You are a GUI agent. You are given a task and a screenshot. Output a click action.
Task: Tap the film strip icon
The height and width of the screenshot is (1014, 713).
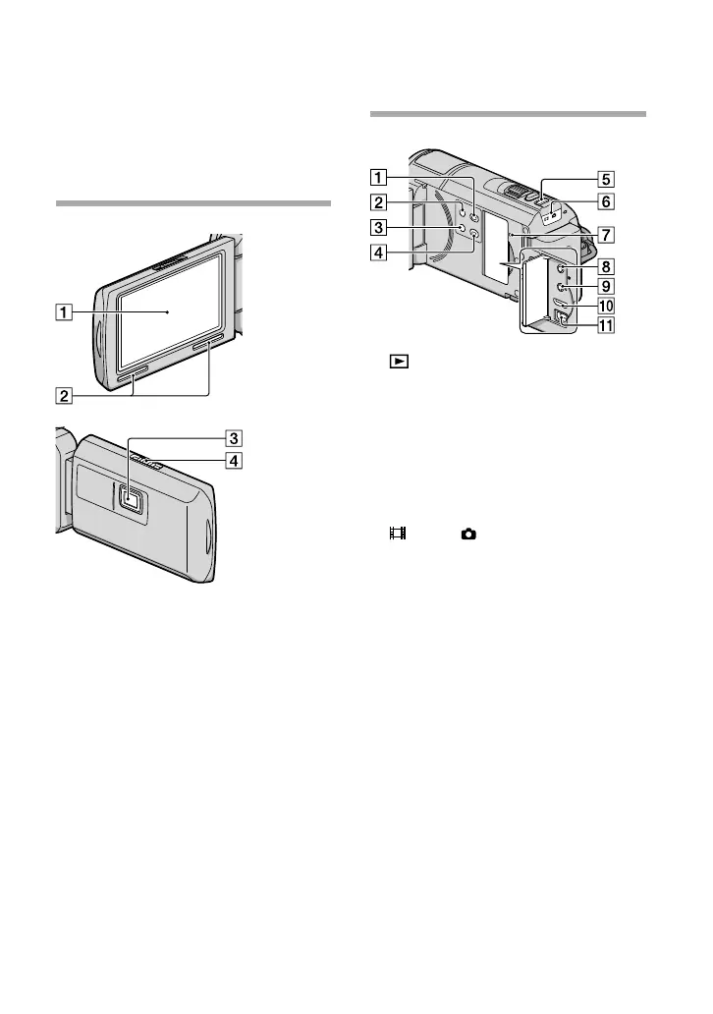click(397, 534)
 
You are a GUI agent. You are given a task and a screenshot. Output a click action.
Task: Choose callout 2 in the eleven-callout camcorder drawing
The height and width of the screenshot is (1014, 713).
click(378, 203)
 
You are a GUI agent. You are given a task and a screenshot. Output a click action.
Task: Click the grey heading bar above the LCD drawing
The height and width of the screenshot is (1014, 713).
click(193, 203)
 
